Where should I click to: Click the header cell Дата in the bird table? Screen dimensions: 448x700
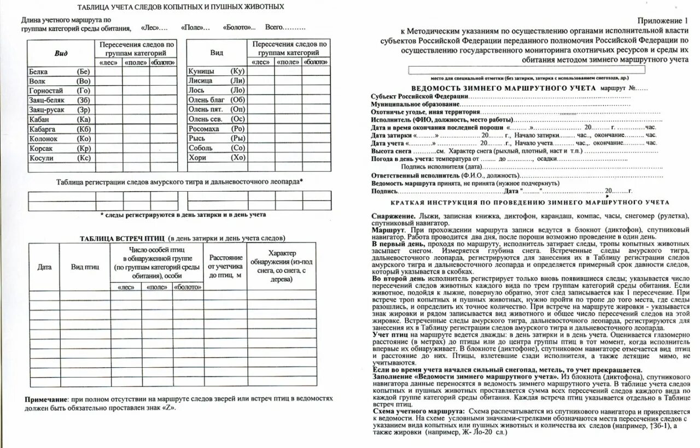click(x=44, y=267)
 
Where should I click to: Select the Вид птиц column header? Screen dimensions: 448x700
click(x=85, y=267)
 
